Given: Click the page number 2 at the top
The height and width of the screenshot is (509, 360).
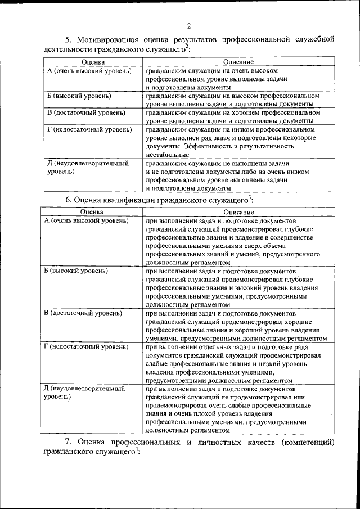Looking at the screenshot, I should coord(188,25).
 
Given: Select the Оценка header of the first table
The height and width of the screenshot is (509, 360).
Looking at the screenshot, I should coord(92,61).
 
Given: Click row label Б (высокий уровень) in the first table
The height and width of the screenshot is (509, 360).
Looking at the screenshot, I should coord(79,96).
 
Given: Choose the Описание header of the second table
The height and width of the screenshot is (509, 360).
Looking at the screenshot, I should coord(238,212).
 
